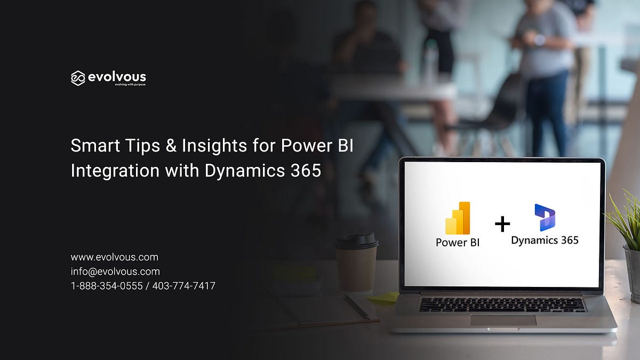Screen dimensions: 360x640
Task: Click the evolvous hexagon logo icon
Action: click(78, 78)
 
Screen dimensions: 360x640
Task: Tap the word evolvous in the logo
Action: click(116, 77)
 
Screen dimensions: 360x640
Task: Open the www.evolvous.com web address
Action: click(114, 257)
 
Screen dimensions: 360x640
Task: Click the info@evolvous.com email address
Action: click(115, 271)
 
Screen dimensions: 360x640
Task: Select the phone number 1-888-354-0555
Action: click(107, 286)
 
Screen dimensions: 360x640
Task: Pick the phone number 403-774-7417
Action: click(184, 286)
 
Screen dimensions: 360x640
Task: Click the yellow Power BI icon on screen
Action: click(458, 218)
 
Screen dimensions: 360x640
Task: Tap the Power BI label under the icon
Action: click(458, 242)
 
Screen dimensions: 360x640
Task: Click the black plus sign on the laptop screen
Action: click(502, 224)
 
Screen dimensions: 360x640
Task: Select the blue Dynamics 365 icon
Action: click(545, 217)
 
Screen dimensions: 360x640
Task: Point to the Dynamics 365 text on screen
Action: click(545, 241)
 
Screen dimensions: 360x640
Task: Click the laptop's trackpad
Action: click(503, 320)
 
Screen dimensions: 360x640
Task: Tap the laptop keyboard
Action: click(502, 305)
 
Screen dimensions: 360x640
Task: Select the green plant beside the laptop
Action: click(625, 219)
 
